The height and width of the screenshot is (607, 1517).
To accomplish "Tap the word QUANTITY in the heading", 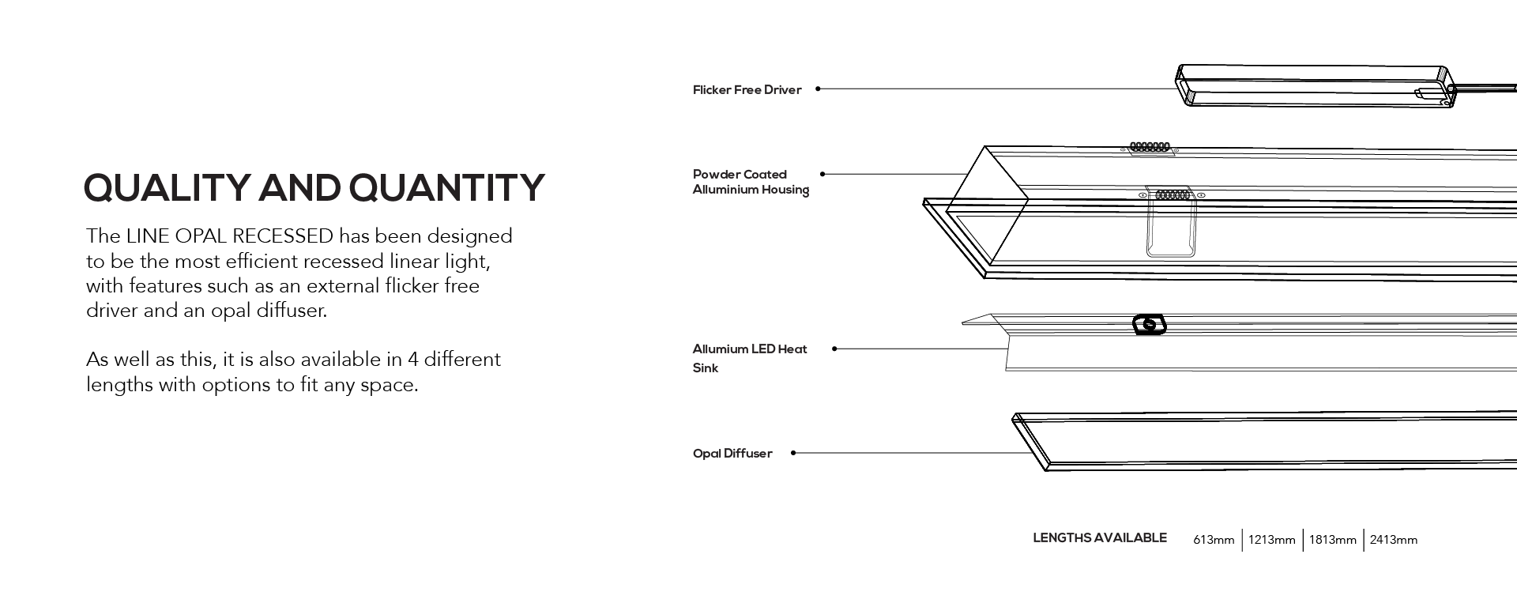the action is (x=447, y=188).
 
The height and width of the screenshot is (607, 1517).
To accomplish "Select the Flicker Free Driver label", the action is (x=747, y=90).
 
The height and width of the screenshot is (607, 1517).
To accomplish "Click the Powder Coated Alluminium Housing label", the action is (x=751, y=182).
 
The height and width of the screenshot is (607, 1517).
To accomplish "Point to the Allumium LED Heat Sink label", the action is (x=750, y=358).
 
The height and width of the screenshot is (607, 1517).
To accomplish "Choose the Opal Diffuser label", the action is (x=732, y=454).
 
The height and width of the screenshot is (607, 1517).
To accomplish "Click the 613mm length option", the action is (x=1214, y=540).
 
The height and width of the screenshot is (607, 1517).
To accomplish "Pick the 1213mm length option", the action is (x=1272, y=540).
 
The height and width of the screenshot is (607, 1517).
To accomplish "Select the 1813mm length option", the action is (x=1333, y=540).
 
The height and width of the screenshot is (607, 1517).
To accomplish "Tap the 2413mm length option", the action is (x=1394, y=540).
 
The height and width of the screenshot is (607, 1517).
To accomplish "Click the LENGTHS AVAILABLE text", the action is (x=1100, y=538).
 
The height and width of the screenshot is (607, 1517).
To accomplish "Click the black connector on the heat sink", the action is (x=1150, y=325).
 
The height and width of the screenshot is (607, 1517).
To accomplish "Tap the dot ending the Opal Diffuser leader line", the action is (x=793, y=453).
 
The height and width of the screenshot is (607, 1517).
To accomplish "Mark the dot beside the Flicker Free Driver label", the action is (x=818, y=89).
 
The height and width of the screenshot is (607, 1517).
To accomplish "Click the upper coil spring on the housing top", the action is (x=1149, y=147).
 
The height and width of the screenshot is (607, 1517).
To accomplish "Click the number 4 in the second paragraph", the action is (x=412, y=360).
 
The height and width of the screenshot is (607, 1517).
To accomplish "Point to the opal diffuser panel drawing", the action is (x=1264, y=441).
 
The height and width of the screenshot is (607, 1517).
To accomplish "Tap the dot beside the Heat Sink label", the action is (x=834, y=349).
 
